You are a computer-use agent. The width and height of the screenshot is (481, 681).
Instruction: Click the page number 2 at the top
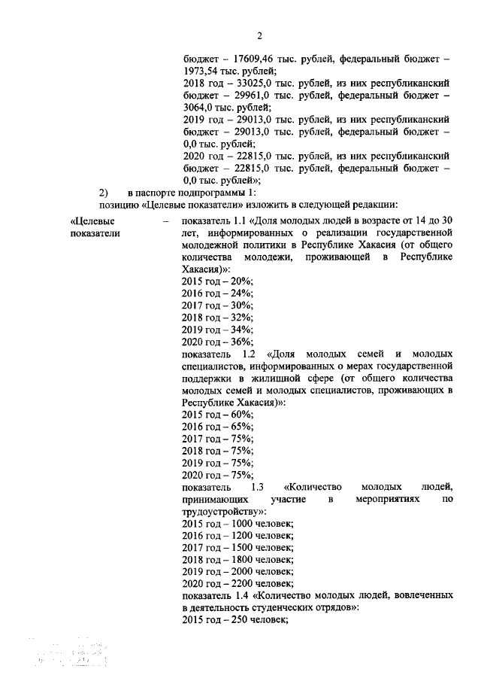click(259, 35)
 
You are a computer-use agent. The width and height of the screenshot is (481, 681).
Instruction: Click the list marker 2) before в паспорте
click(104, 193)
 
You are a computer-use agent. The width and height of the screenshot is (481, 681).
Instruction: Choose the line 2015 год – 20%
click(218, 281)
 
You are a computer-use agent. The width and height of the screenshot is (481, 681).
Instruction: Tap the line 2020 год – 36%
click(218, 341)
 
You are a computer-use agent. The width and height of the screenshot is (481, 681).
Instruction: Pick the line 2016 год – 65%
click(218, 426)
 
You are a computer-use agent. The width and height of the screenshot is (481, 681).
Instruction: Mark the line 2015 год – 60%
click(218, 414)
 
